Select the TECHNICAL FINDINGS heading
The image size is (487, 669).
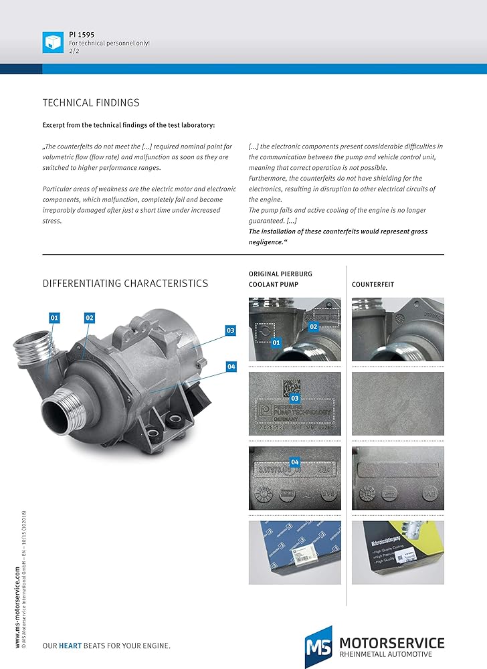point(91,102)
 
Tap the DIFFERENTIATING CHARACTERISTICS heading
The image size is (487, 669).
point(125,283)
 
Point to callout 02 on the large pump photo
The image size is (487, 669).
point(90,318)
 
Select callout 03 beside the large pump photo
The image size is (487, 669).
point(230,330)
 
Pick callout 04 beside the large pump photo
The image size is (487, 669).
point(231,366)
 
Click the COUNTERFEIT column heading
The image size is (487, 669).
point(373,284)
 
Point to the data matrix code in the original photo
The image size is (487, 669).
point(292,389)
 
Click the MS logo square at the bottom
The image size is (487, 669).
point(318,647)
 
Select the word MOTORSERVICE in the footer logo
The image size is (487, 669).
point(391,643)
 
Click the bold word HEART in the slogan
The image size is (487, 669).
point(71,646)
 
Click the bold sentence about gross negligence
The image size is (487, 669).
point(338,236)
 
